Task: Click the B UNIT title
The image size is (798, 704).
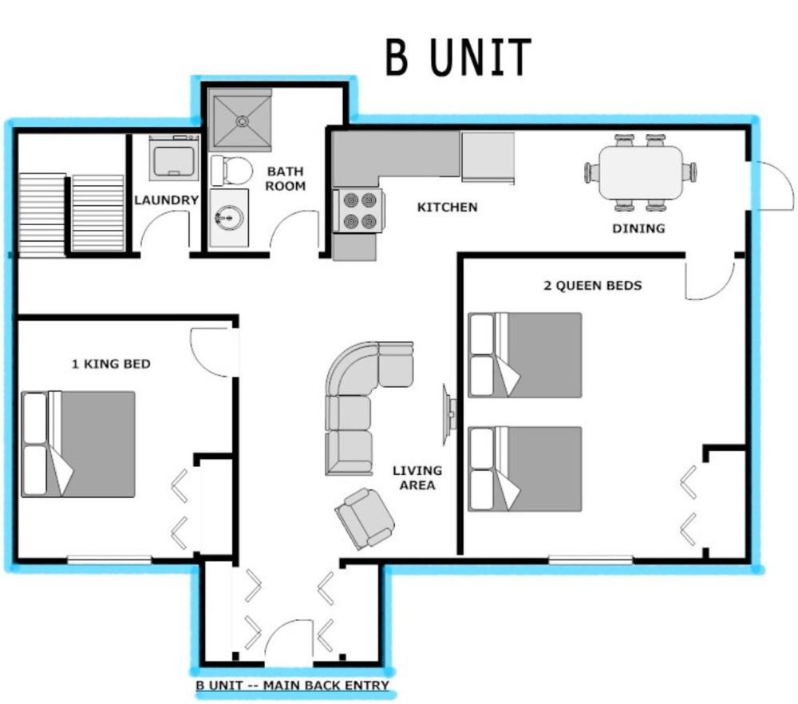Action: [x=458, y=57]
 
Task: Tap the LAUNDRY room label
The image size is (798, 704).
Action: [x=166, y=200]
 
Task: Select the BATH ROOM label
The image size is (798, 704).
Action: [x=286, y=178]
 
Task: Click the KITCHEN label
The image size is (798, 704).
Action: [x=448, y=208]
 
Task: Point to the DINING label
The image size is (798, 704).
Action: [x=638, y=228]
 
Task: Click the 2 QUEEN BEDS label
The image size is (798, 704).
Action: [x=592, y=285]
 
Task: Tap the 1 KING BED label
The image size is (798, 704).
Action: [x=111, y=364]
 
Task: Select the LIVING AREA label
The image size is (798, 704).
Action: [x=417, y=477]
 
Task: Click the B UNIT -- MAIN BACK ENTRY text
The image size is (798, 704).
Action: [x=292, y=685]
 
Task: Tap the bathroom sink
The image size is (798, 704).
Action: [x=228, y=217]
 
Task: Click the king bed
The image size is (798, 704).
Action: [x=78, y=444]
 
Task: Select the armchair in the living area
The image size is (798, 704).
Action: [x=365, y=518]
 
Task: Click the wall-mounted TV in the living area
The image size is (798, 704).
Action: [x=449, y=415]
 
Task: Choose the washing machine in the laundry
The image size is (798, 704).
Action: [x=174, y=158]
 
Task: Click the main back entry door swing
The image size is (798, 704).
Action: [x=287, y=643]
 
